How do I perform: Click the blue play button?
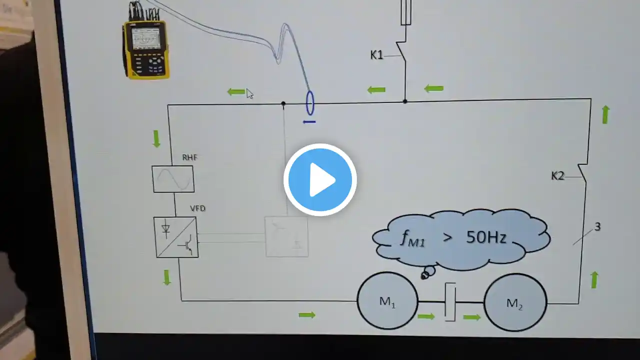(x=320, y=179)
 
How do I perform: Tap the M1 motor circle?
(x=387, y=301)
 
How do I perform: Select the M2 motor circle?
(x=515, y=302)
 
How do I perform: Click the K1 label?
(x=376, y=55)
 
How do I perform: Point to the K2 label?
(x=557, y=176)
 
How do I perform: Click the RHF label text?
(x=189, y=157)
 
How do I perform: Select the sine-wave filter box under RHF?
(x=173, y=179)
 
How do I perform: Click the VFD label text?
(x=197, y=208)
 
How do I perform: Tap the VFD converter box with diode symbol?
(x=176, y=237)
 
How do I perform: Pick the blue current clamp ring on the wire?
(x=310, y=103)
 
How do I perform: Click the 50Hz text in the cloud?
(x=486, y=237)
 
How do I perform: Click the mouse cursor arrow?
(x=249, y=93)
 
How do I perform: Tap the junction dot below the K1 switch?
(x=405, y=101)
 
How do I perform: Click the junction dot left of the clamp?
(x=283, y=103)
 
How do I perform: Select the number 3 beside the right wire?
(x=597, y=227)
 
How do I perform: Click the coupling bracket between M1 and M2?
(x=450, y=302)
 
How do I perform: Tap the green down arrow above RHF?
(x=156, y=139)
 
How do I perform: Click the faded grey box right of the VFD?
(x=286, y=237)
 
